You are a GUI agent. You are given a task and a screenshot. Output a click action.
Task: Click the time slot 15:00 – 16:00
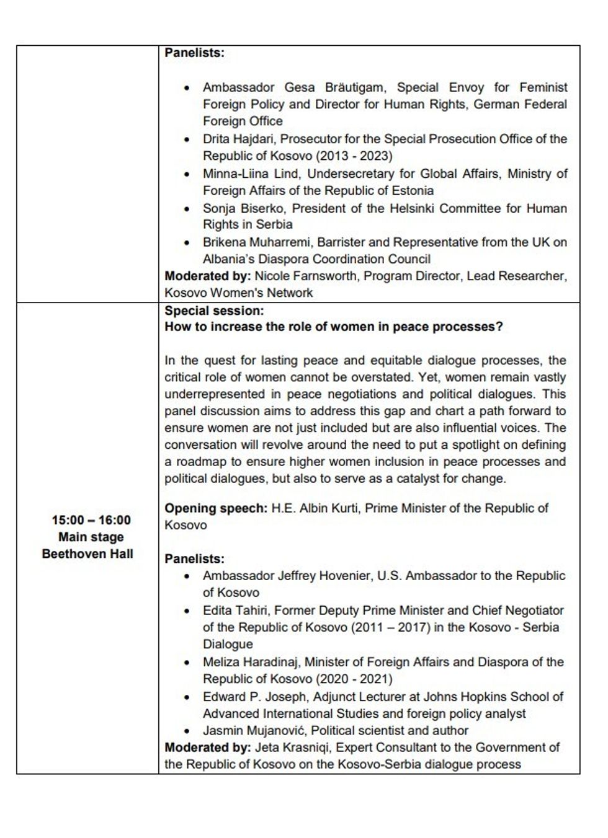tap(91, 520)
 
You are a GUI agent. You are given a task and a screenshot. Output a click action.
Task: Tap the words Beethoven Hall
tap(87, 554)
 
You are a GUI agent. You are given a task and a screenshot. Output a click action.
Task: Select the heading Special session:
tap(214, 311)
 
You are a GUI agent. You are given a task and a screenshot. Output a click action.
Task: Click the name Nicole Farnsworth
tap(306, 276)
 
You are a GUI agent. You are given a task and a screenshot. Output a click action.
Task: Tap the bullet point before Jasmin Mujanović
tap(187, 731)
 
